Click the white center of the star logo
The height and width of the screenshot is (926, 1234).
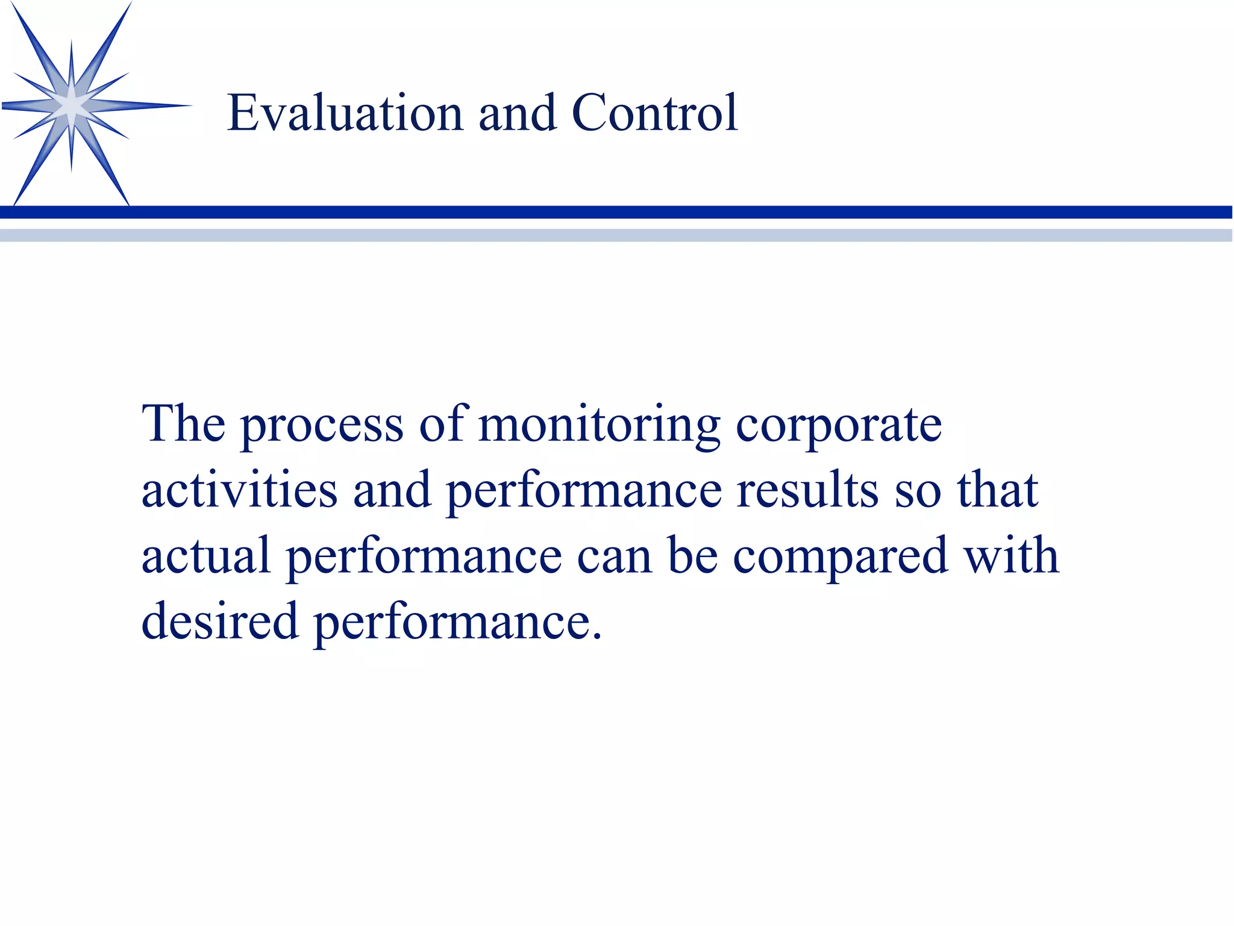click(72, 107)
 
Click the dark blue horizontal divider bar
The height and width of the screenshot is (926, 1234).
click(617, 212)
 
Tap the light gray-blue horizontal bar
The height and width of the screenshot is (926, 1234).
click(617, 235)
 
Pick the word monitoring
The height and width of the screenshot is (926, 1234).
click(599, 427)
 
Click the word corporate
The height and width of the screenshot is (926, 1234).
click(838, 427)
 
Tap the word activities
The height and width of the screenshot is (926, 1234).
click(239, 490)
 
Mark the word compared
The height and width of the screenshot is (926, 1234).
click(841, 558)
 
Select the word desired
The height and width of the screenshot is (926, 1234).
click(220, 621)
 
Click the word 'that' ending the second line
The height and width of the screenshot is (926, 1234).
click(997, 490)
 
